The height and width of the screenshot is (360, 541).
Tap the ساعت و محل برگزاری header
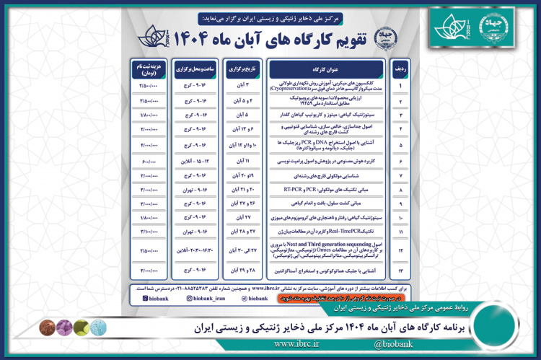[190, 69]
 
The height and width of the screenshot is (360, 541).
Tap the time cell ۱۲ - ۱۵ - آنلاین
[190, 159]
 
